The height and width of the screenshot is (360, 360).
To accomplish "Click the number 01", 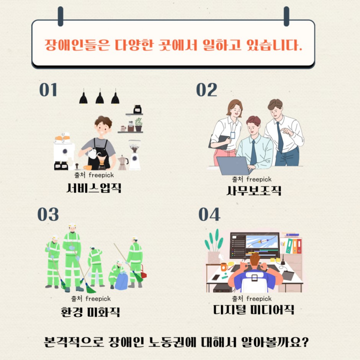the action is (48, 90).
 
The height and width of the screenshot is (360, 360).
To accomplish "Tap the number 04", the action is (209, 214).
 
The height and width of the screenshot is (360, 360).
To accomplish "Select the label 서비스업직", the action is (94, 188).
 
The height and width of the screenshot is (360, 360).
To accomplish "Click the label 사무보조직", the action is (254, 191).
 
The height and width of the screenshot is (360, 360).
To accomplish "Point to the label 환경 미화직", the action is (90, 312).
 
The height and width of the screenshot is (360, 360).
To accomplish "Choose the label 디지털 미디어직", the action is (254, 309).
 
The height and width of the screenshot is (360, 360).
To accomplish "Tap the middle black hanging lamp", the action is (100, 97).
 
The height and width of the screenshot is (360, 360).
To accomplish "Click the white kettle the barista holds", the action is (93, 153).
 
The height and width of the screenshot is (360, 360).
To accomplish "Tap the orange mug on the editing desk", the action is (224, 267).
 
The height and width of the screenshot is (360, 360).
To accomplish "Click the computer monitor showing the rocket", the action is (255, 245).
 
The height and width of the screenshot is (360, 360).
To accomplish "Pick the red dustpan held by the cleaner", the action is (144, 272).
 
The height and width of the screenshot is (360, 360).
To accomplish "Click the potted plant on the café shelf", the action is (138, 125).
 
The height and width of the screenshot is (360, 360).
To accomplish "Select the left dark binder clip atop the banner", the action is (61, 16).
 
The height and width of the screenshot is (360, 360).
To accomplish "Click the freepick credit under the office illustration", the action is (252, 179).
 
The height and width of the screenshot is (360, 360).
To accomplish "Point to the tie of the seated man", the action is (253, 152).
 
